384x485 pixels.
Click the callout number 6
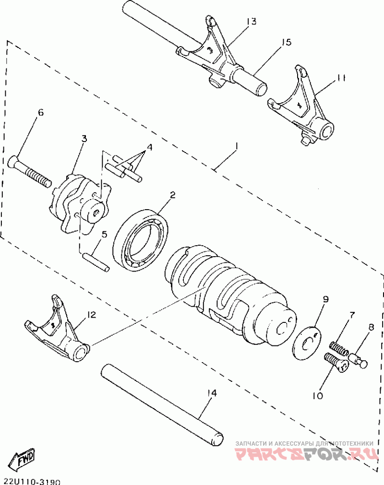click(x=40, y=113)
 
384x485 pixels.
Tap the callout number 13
click(x=252, y=21)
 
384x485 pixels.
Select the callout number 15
click(x=286, y=42)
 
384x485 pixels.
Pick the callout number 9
click(x=325, y=300)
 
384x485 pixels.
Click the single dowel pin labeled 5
click(x=96, y=261)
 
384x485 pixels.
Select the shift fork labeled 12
click(x=60, y=331)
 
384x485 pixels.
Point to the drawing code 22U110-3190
click(x=32, y=480)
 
